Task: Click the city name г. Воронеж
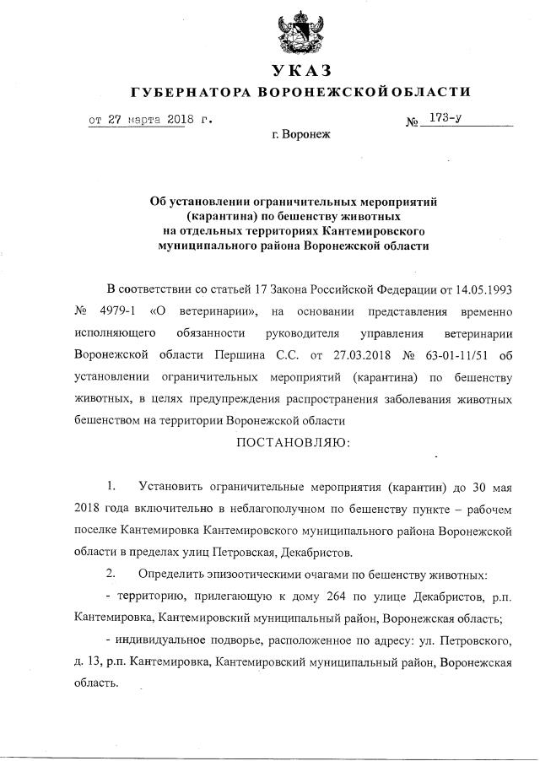point(303,134)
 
